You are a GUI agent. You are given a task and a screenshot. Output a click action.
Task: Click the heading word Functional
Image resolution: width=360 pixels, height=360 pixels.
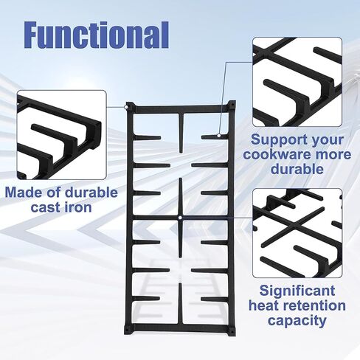click(x=97, y=34)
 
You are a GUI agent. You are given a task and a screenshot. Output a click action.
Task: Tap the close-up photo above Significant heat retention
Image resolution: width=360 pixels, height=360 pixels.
click(x=297, y=232)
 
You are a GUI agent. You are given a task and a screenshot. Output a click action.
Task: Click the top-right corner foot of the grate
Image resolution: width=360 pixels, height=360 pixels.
click(x=232, y=107)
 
